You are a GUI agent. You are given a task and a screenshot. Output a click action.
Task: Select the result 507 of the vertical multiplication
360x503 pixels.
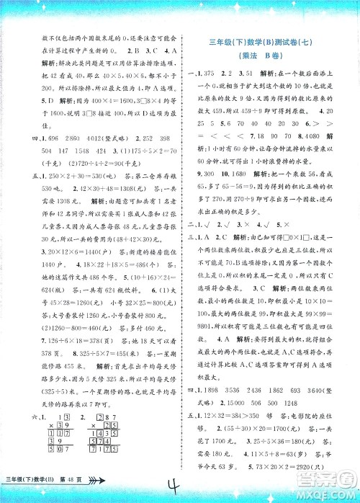(x=57, y=470)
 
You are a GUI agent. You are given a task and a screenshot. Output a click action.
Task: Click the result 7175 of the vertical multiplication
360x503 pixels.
(x=106, y=470)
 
